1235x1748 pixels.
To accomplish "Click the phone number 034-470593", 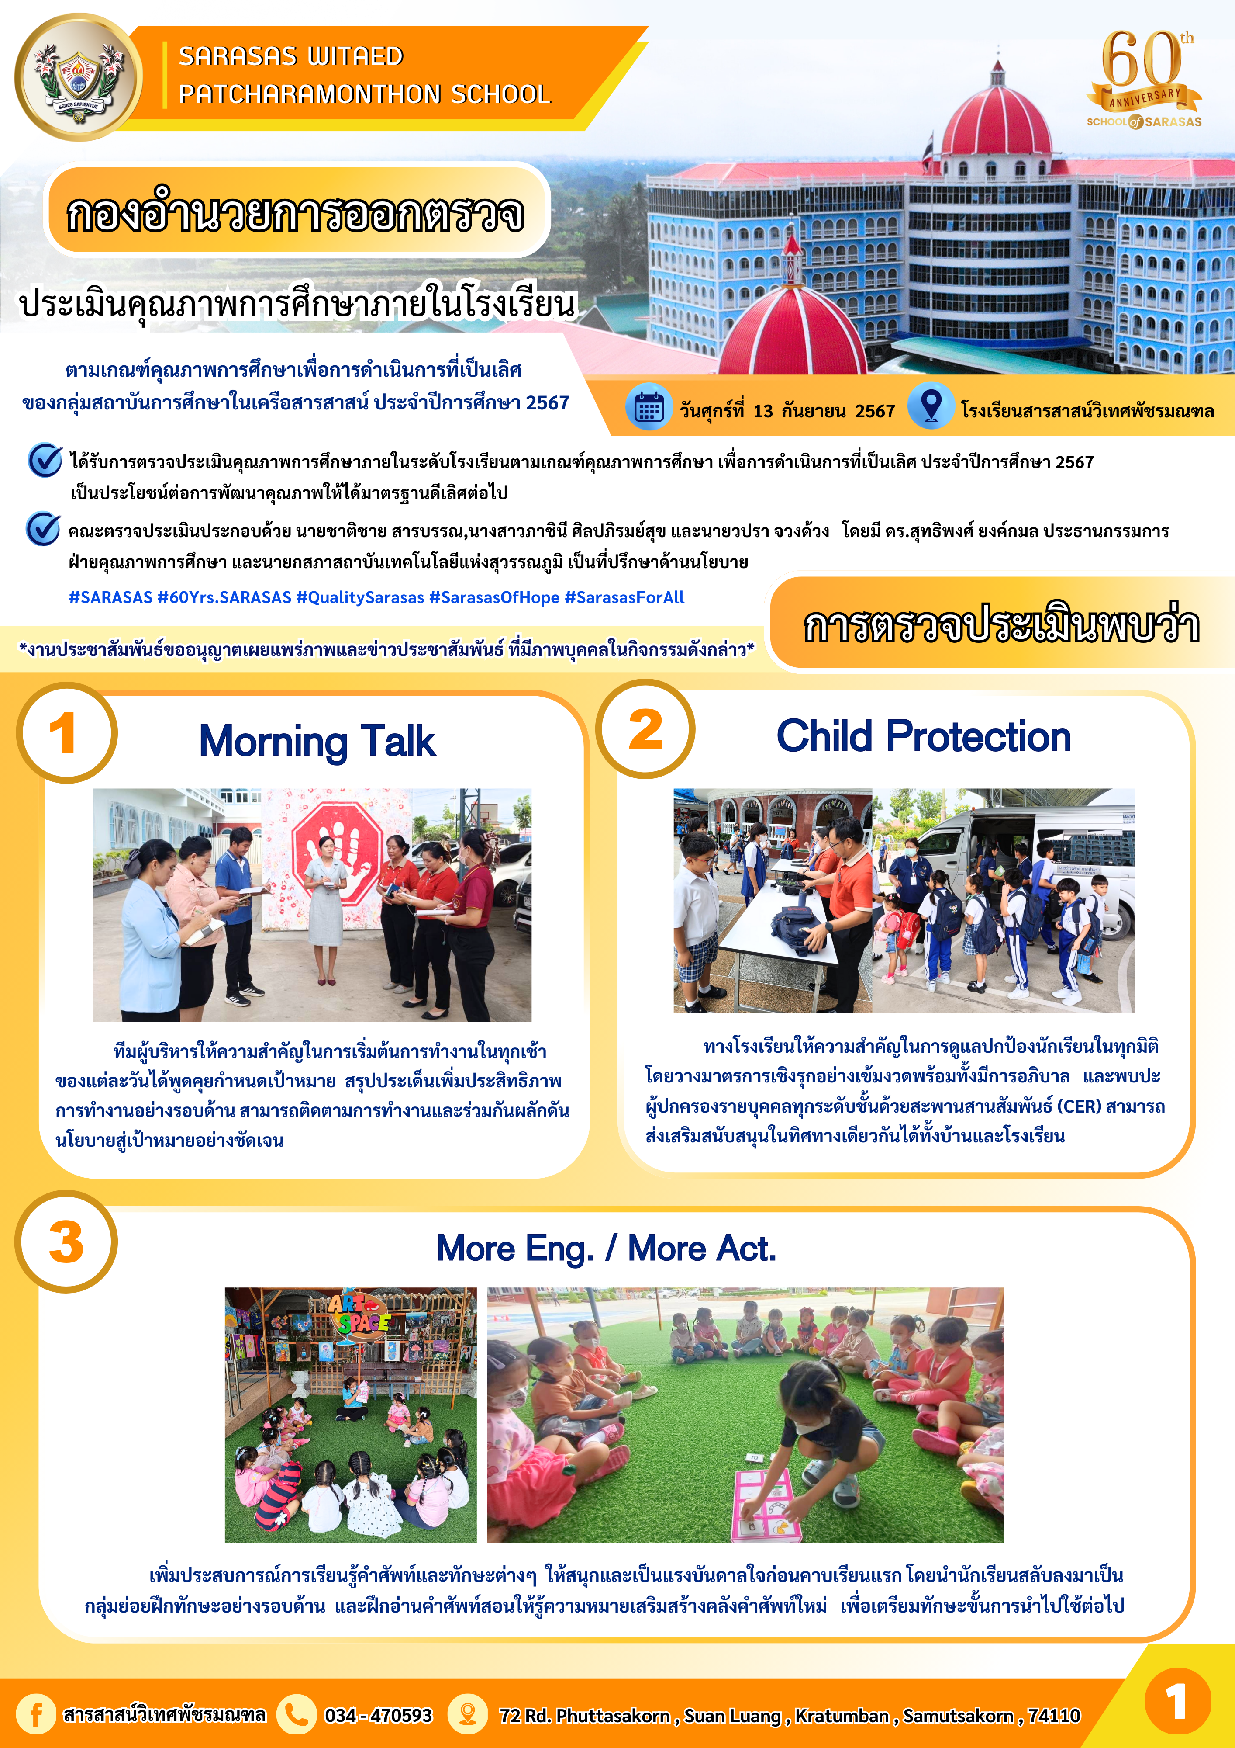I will tap(378, 1715).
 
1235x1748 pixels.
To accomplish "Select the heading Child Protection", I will tap(923, 736).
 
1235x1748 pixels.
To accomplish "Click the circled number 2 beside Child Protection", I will tap(645, 729).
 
